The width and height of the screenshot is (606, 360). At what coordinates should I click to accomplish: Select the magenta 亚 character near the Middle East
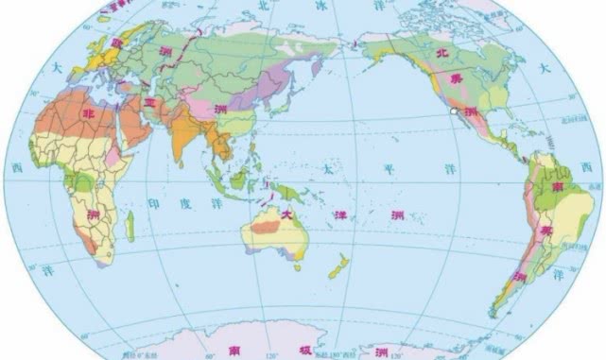tap(149, 101)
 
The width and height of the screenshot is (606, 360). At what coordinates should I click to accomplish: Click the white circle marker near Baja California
tap(456, 112)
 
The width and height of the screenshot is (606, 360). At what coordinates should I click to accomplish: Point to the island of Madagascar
tap(130, 226)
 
